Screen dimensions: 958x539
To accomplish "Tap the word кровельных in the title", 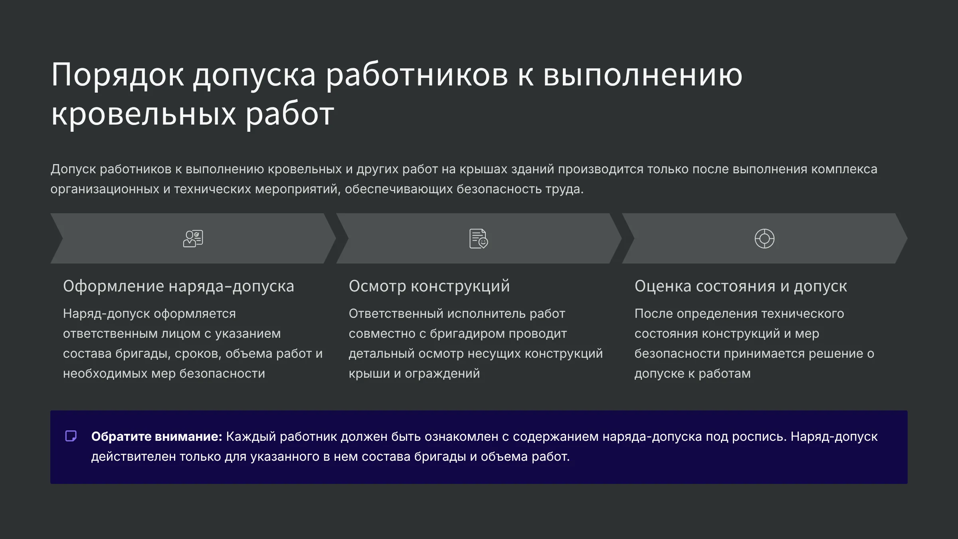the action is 144,114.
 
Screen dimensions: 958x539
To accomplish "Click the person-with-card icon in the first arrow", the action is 193,238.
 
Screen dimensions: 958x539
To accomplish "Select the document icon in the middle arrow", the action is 479,238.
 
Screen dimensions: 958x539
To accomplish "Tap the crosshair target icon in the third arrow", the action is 764,238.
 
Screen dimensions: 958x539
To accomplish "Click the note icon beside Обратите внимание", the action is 71,436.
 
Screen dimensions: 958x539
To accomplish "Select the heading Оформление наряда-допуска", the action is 178,286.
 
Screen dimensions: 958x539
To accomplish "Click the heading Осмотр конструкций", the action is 429,286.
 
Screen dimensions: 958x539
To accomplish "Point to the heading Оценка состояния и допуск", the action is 741,286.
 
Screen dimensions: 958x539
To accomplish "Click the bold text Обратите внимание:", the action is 156,436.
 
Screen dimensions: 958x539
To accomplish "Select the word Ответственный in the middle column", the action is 396,313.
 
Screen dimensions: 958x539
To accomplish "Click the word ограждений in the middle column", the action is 442,374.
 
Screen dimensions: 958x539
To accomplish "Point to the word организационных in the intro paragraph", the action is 105,189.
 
